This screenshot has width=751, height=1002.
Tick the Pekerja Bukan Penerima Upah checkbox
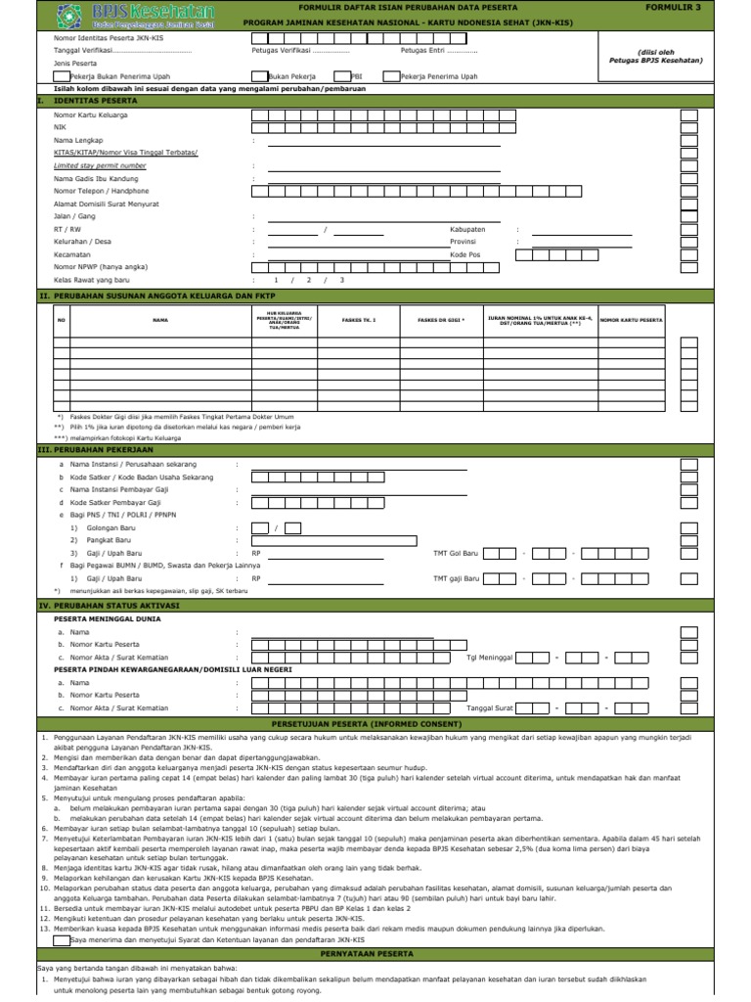(x=62, y=75)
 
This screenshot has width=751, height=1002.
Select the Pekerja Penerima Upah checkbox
(x=391, y=75)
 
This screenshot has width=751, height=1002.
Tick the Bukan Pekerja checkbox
(x=258, y=75)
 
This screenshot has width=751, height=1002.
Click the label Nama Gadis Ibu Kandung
(x=96, y=179)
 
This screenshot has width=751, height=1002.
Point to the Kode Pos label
(x=465, y=253)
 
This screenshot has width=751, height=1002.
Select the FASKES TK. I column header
(x=359, y=320)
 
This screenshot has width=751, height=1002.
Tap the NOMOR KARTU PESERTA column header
(x=631, y=320)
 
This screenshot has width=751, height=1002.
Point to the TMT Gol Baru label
(x=456, y=553)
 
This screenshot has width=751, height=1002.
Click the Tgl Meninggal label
(x=490, y=658)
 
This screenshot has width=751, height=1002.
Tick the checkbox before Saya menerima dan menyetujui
(x=64, y=940)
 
